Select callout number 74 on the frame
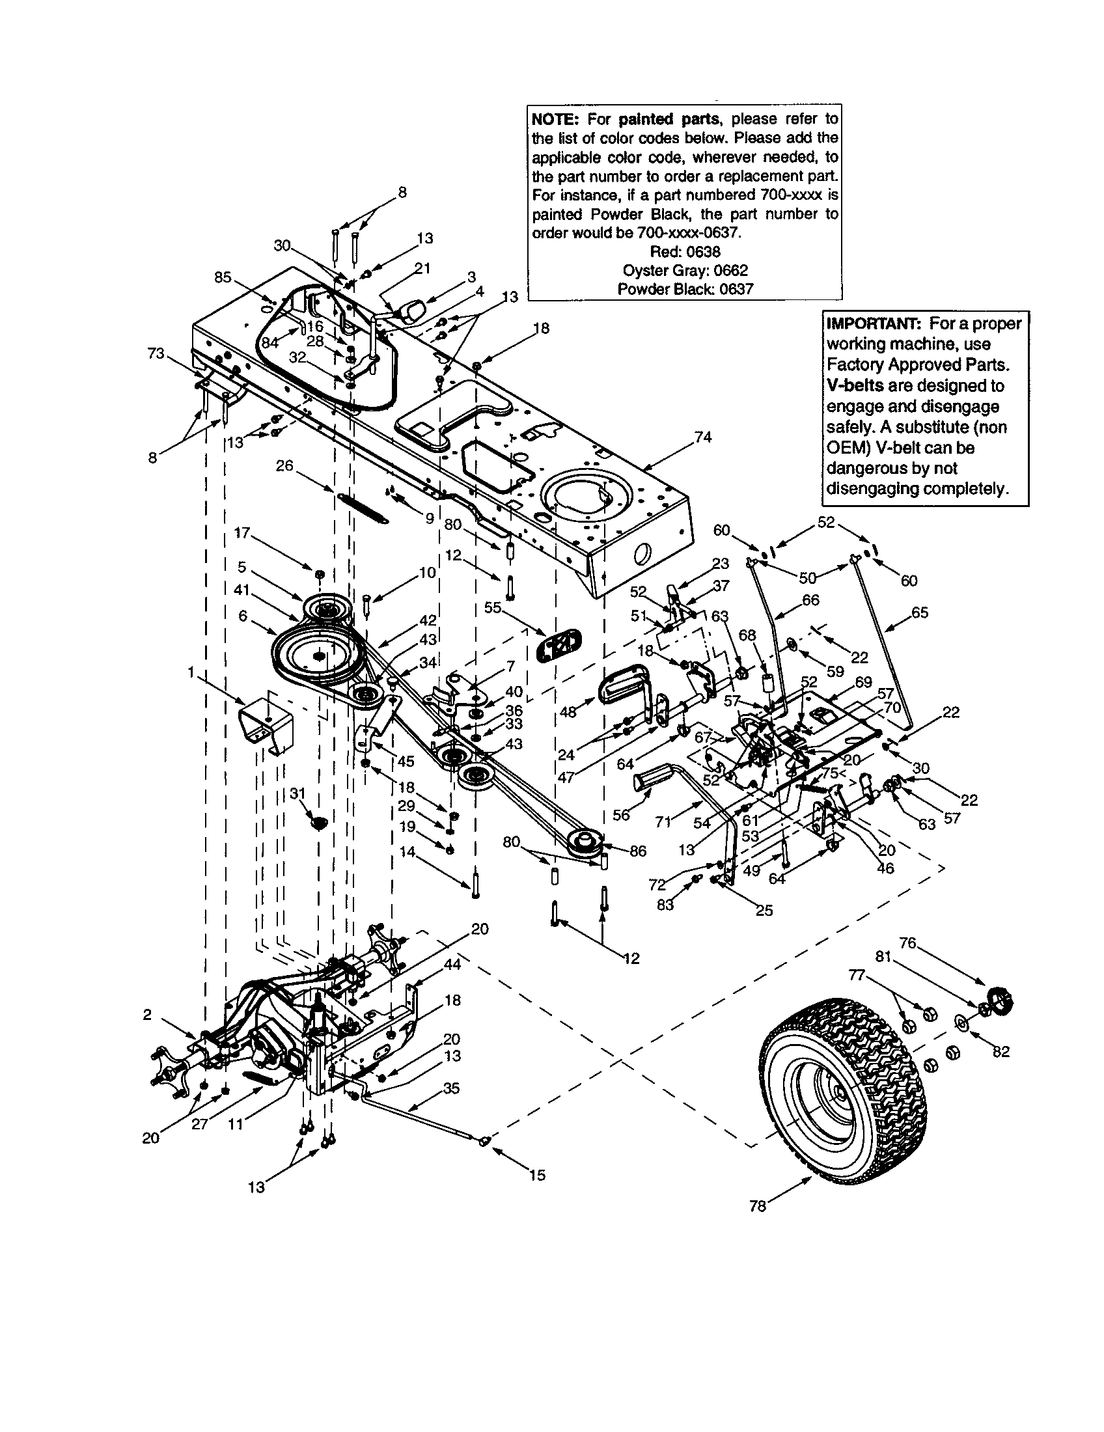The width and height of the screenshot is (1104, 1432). (703, 437)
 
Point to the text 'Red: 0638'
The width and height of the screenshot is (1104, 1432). (684, 252)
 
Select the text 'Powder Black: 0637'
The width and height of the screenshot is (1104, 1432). (684, 289)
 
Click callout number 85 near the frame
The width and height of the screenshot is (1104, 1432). (223, 277)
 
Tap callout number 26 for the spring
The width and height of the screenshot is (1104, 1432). (284, 465)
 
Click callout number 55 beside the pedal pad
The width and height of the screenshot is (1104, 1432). (492, 608)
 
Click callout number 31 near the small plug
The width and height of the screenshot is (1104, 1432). (298, 793)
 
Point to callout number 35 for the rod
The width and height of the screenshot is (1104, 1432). (451, 1088)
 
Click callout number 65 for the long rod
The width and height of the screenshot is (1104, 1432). (920, 613)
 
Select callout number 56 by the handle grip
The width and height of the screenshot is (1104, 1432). (620, 814)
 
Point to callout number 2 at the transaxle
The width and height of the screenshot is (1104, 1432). (147, 1015)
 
